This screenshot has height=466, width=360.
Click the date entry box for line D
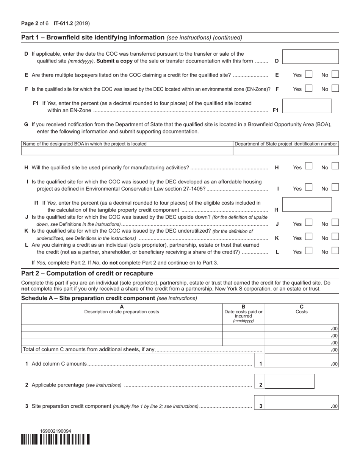(310, 56)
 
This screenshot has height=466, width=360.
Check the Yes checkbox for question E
(308, 75)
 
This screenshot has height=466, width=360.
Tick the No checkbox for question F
(335, 89)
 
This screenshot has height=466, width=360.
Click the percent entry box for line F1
(307, 106)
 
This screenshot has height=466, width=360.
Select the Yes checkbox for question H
(308, 167)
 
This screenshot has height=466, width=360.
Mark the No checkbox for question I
(335, 188)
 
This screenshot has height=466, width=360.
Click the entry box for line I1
(307, 205)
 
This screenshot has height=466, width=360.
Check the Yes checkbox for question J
(308, 223)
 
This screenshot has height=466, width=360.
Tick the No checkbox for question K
(335, 237)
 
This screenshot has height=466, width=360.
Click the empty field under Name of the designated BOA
(127, 151)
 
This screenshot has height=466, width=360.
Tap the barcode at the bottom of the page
(56, 439)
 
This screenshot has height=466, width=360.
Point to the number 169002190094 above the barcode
(56, 431)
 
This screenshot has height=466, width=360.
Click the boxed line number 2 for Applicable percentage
(261, 385)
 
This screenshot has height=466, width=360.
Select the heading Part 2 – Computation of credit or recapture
(87, 274)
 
